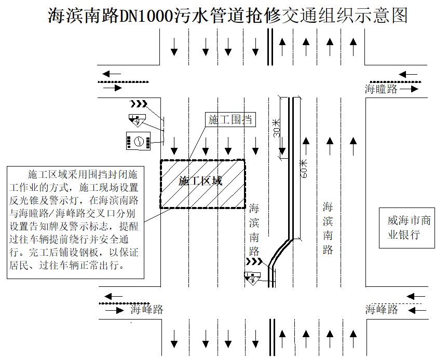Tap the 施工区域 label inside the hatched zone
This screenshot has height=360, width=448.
pos(200,181)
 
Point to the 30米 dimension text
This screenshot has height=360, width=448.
pos(276,128)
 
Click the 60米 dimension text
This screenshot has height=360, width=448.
pos(304,169)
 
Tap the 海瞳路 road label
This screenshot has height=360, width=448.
pos(381,89)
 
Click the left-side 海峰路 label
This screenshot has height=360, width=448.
pos(147,310)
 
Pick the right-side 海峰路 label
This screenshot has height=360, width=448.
pos(381,310)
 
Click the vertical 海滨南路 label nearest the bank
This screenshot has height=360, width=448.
pos(328,228)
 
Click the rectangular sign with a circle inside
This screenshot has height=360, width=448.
pos(138,141)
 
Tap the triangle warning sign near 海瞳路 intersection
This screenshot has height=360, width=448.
pos(138,120)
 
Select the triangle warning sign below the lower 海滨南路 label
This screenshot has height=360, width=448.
pos(252,278)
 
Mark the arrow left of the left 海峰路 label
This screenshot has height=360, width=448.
pos(115,310)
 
